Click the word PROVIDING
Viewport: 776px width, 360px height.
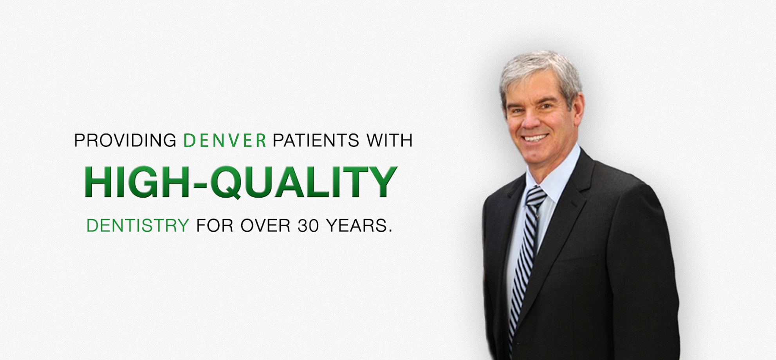tap(125, 140)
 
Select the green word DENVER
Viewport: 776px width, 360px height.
tap(225, 140)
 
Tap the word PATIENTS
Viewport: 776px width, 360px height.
tap(316, 140)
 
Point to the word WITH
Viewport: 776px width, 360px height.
tap(389, 140)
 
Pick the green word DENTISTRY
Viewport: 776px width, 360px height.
tap(138, 225)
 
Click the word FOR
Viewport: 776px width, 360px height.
tap(215, 225)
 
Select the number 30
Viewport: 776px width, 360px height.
tap(308, 225)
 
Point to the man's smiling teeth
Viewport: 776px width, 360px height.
tap(535, 138)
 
